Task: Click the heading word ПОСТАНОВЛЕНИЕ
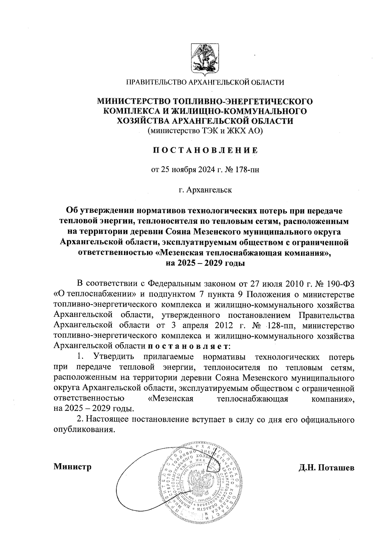205,150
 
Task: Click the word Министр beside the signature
72,467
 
